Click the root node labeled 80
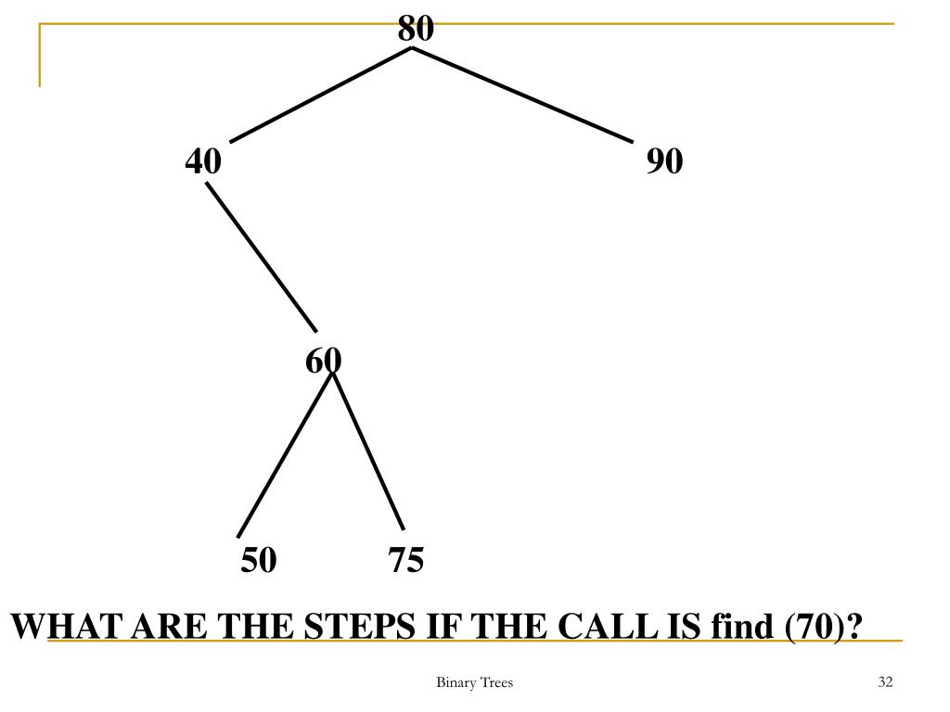[416, 29]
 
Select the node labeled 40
[203, 162]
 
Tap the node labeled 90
[665, 162]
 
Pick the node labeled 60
[324, 360]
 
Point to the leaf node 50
[259, 560]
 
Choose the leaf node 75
[406, 560]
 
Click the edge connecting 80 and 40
[320, 95]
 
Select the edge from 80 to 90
[522, 95]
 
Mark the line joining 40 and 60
[262, 257]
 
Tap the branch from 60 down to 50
[285, 454]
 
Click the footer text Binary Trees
[474, 683]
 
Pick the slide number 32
[884, 683]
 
